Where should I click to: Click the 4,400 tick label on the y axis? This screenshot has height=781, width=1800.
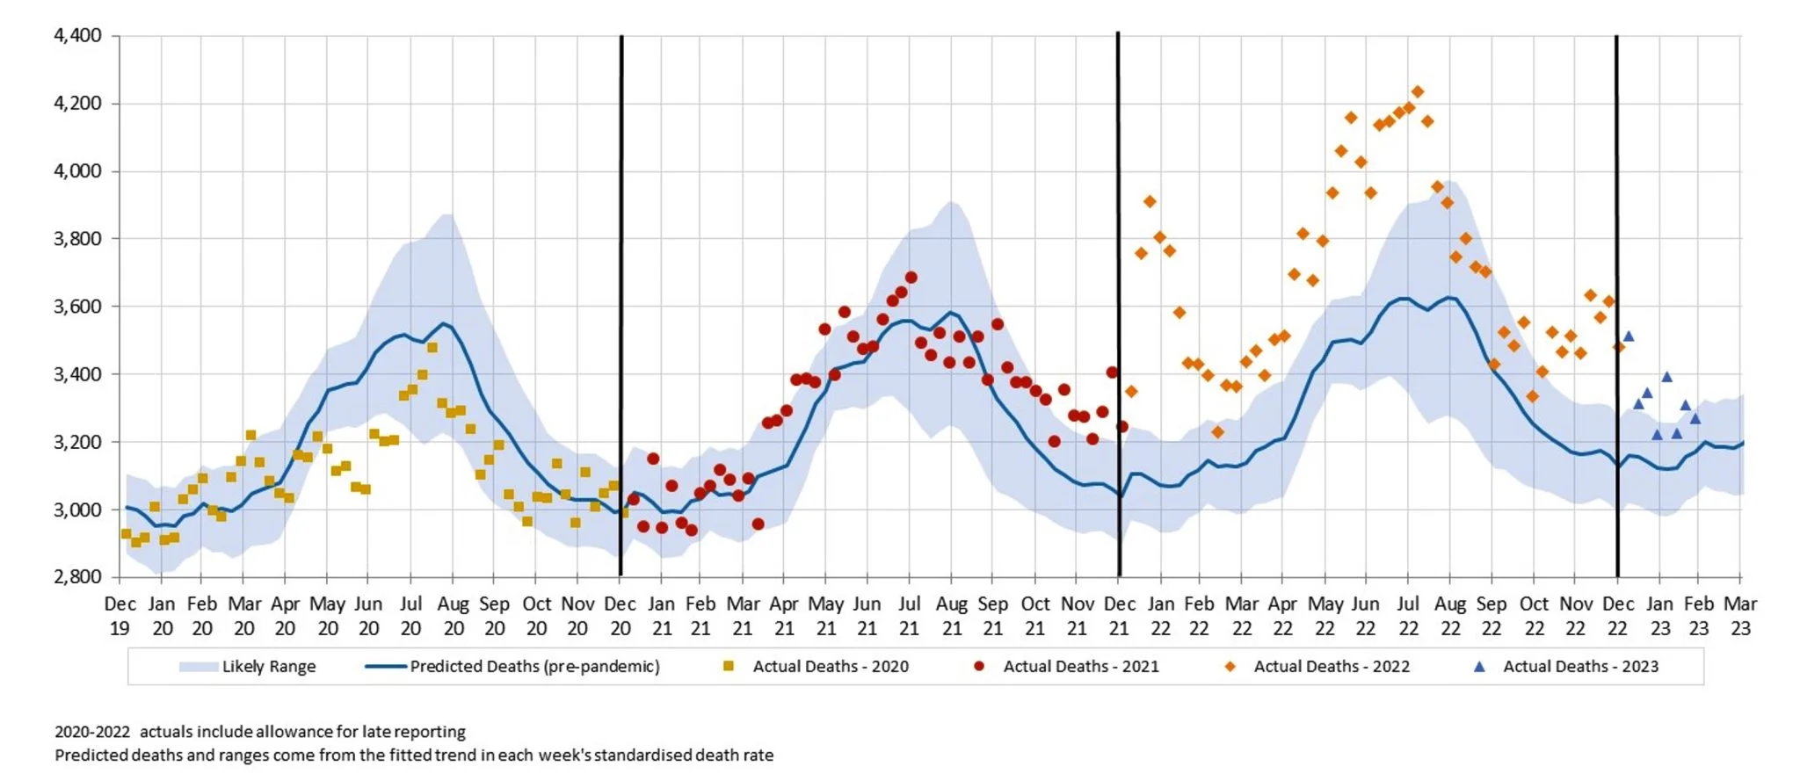[x=77, y=36]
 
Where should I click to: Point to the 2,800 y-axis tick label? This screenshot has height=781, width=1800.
[x=77, y=577]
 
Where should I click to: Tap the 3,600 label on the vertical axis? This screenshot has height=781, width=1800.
[x=77, y=307]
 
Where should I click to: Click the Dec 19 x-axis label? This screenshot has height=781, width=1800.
[x=120, y=616]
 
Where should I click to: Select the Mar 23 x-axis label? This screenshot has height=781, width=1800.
[x=1740, y=616]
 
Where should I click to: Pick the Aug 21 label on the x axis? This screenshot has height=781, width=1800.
[x=952, y=616]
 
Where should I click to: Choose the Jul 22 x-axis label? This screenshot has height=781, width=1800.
[x=1408, y=616]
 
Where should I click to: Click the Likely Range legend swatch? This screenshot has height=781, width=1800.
[x=198, y=667]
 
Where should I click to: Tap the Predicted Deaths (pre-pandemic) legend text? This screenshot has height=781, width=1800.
[x=534, y=667]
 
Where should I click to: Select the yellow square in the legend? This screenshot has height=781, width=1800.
[x=728, y=667]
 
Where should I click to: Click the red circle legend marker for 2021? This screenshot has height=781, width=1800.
[x=979, y=667]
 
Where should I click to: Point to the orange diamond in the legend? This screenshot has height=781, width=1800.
[x=1230, y=667]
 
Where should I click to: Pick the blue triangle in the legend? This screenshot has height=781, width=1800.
[x=1479, y=667]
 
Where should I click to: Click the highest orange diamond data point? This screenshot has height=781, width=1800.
[x=1417, y=92]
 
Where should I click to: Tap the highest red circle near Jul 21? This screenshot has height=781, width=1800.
[x=911, y=278]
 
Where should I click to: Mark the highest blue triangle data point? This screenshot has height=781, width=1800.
[x=1629, y=336]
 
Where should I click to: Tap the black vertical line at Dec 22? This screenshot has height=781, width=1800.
[x=1617, y=264]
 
